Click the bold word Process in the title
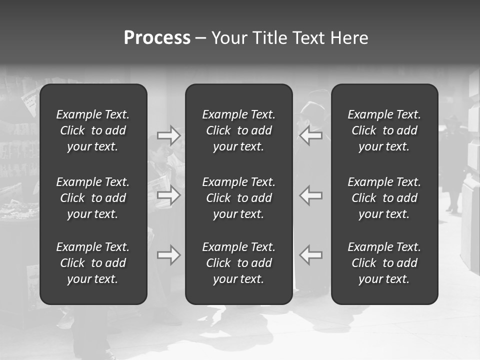pos(157,38)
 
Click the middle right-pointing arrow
pos(169,195)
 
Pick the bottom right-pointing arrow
pos(169,255)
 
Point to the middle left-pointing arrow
pos(310,195)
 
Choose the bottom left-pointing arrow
pos(310,255)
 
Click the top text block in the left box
pos(93,130)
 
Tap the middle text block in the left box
pos(93,198)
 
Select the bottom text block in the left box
pos(93,263)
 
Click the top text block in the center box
pos(239,130)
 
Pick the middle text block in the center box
pos(239,198)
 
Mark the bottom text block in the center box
pos(239,263)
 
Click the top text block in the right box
pos(384,130)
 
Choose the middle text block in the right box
pos(384,198)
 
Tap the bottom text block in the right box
pos(384,263)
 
